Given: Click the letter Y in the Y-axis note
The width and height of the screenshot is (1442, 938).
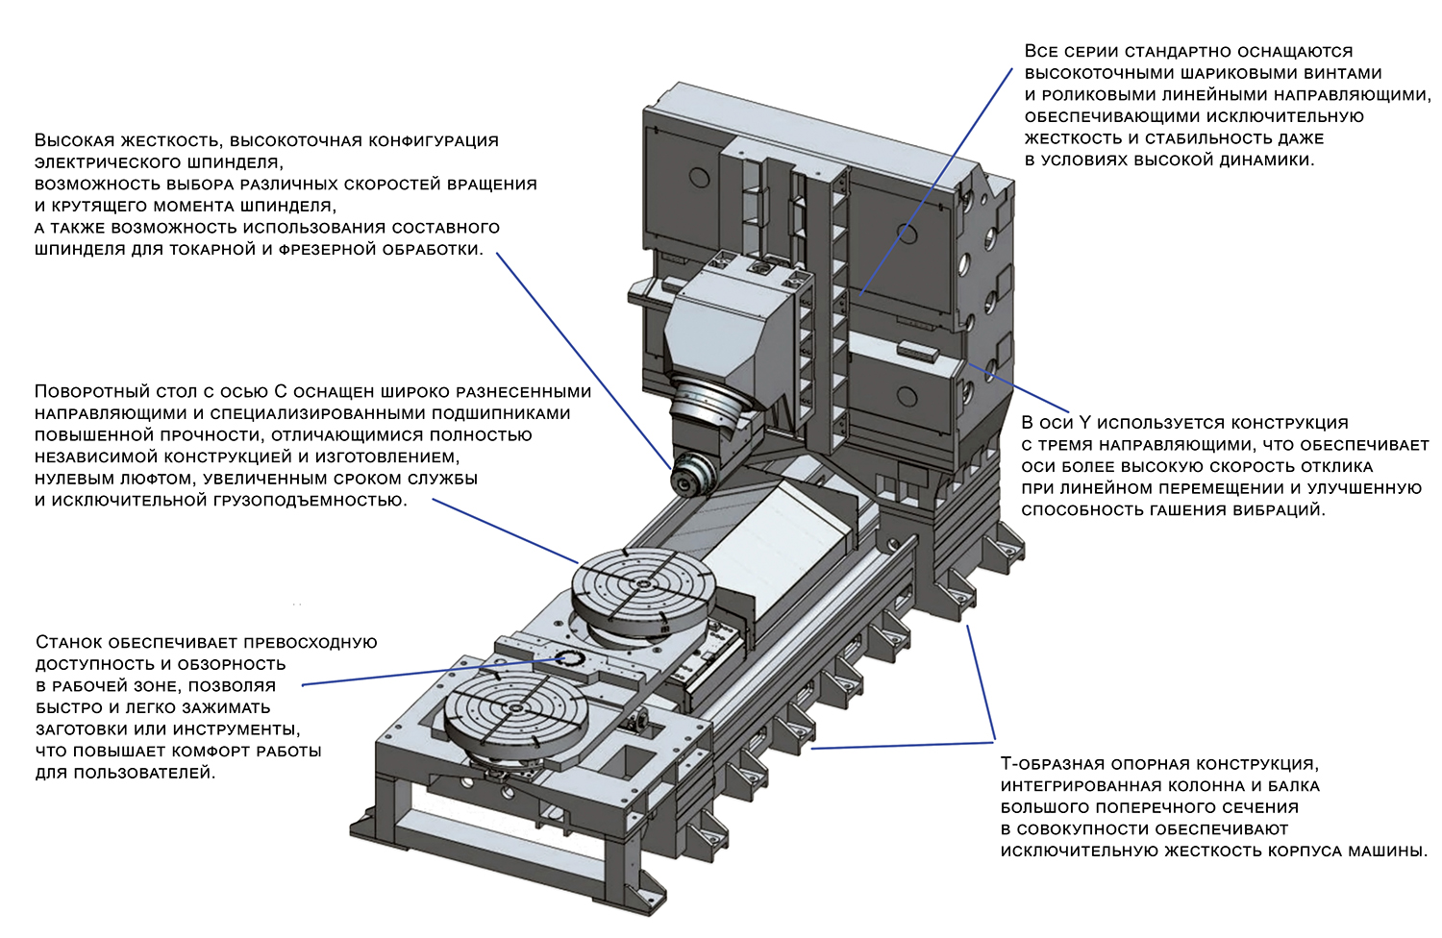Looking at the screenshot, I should coord(1085,423).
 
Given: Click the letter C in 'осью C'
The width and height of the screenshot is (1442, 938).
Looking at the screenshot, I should coord(281,391).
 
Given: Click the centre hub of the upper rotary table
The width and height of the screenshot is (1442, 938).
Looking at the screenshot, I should coord(642,585).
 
